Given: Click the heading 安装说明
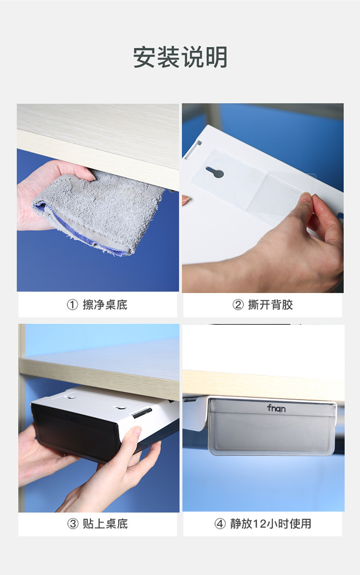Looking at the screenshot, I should click(180, 58).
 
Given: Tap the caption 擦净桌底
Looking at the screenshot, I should click(105, 305).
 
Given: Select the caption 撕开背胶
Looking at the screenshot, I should click(270, 305).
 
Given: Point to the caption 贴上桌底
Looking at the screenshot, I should click(105, 524).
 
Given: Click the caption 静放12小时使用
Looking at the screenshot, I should click(270, 524).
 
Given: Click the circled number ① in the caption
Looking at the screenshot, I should click(72, 305).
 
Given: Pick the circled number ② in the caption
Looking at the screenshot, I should click(238, 305).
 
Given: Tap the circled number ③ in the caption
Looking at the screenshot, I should click(72, 524).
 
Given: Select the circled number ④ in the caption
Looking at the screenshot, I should click(220, 524).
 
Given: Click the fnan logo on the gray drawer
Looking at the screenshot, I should click(276, 408).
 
